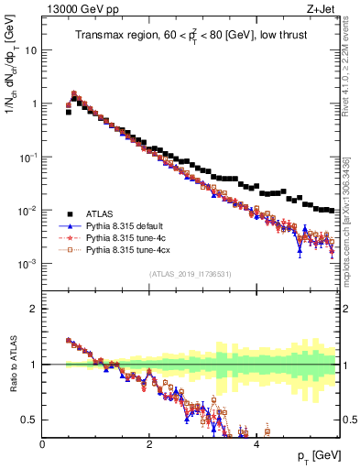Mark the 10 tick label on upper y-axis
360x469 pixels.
[31, 50]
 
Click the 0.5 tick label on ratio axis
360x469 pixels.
[30, 420]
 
